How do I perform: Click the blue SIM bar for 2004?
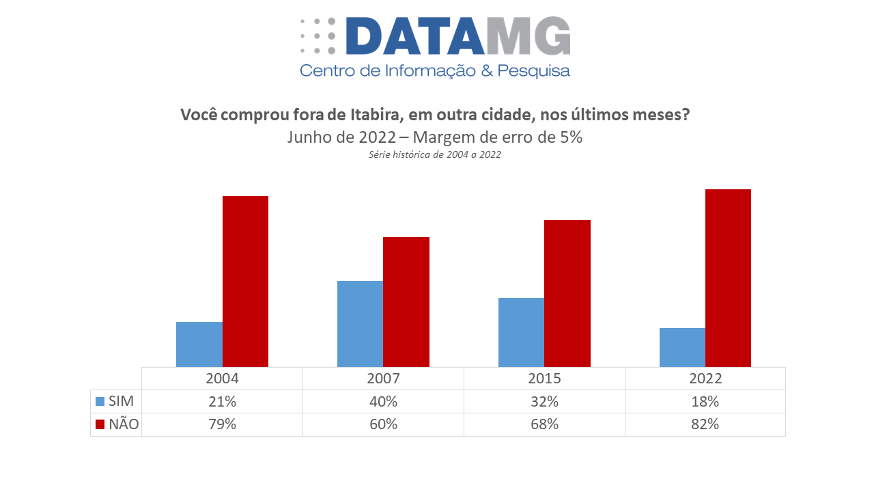coord(199,344)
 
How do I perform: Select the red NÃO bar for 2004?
coord(245,282)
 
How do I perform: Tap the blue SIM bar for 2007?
coord(360,324)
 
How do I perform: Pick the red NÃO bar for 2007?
coord(406,302)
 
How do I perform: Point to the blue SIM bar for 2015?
coord(521,332)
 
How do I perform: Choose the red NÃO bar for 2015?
coord(567,293)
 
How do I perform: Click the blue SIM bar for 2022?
coord(682,347)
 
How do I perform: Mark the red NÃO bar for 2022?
coord(728,278)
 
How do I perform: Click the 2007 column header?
coord(383,379)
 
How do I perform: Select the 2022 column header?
coord(705,379)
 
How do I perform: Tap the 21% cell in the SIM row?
coord(222,402)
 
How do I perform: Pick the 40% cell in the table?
coord(383,402)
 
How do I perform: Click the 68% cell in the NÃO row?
coord(544,424)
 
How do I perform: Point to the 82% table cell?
coord(705,424)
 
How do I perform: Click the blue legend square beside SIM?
coord(100,402)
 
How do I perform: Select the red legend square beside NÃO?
coord(100,424)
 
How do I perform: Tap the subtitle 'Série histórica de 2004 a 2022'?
coord(435,155)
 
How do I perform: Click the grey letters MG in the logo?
coord(528,36)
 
